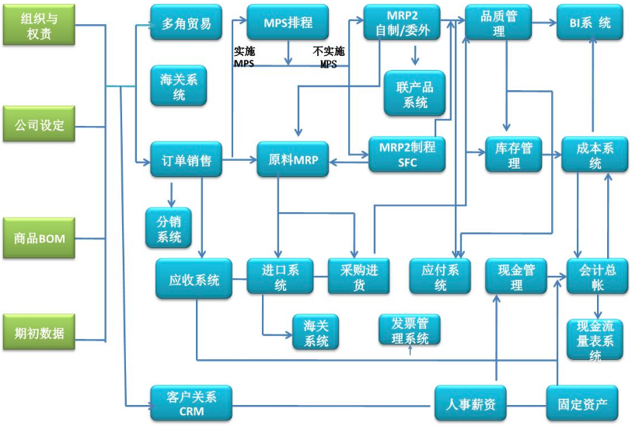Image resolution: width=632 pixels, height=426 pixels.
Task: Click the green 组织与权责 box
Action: [x=40, y=25]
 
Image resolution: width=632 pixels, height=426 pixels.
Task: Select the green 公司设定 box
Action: [x=40, y=126]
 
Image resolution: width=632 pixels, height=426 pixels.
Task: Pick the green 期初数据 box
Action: [x=40, y=334]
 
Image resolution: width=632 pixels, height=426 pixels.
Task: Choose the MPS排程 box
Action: [x=288, y=23]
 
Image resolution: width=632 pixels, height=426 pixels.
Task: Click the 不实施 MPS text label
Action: [x=329, y=58]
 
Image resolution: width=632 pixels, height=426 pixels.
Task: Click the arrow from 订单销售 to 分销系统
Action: [x=169, y=192]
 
